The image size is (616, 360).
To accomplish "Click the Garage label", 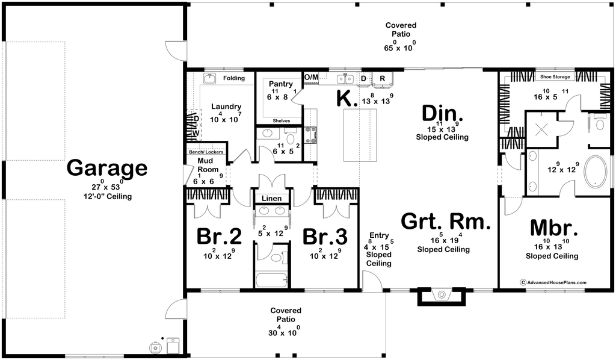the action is click(x=107, y=168).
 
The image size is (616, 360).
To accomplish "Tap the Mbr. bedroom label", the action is click(x=554, y=228).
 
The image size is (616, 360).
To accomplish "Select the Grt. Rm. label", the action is click(x=446, y=222).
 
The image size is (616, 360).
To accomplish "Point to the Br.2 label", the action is click(x=219, y=237).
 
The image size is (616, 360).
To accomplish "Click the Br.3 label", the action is click(x=325, y=237).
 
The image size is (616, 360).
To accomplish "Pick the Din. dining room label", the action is click(x=442, y=113).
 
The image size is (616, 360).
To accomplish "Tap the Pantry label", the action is click(x=280, y=84).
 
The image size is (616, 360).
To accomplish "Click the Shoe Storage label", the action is click(x=555, y=76).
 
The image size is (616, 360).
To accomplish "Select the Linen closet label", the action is click(x=271, y=199).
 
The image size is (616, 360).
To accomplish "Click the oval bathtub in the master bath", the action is click(x=596, y=172).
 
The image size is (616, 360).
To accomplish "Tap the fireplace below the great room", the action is click(x=442, y=297).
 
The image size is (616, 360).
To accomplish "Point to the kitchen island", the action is click(x=360, y=135).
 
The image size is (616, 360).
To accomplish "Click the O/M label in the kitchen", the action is click(x=311, y=78).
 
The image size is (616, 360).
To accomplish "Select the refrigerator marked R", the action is click(x=382, y=79).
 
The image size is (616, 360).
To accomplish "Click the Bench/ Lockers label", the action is click(x=206, y=152).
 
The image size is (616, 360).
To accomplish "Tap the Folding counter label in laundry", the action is click(x=234, y=78).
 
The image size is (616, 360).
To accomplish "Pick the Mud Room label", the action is click(x=207, y=165).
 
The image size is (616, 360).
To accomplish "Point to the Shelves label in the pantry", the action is click(x=282, y=120).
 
